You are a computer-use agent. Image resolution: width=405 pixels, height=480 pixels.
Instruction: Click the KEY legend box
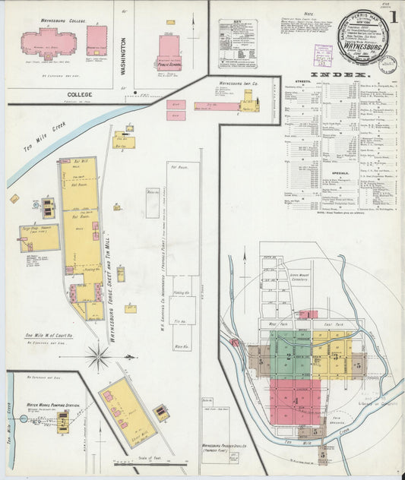238,43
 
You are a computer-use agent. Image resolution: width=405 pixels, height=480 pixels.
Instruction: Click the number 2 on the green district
290,355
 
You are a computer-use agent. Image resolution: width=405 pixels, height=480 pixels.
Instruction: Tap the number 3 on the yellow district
334,355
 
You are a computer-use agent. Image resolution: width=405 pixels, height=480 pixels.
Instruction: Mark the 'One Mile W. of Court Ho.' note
49,335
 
